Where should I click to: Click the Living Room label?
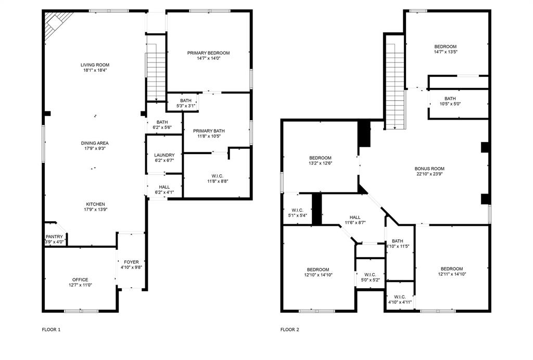click(x=95, y=65)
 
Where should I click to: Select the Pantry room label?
click(x=54, y=237)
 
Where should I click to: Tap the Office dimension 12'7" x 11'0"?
click(x=80, y=286)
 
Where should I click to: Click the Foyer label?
click(x=131, y=262)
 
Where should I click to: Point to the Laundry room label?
click(x=164, y=155)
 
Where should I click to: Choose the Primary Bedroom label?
click(x=209, y=53)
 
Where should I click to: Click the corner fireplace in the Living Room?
click(x=53, y=23)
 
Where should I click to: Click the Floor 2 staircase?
click(x=395, y=83)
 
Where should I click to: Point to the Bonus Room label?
click(x=429, y=169)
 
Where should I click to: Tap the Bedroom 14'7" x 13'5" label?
click(x=445, y=46)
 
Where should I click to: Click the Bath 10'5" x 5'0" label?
click(x=450, y=98)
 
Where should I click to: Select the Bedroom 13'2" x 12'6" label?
click(x=320, y=158)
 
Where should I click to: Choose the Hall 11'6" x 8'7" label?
click(x=355, y=217)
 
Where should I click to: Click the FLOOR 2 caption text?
click(x=289, y=329)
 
